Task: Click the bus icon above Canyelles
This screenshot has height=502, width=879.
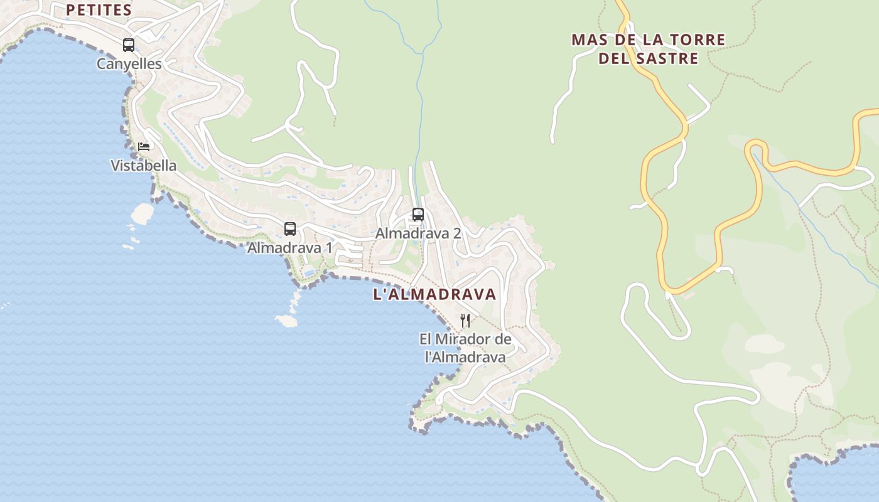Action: pyautogui.click(x=129, y=45)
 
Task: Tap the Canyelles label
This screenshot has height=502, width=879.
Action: pyautogui.click(x=129, y=64)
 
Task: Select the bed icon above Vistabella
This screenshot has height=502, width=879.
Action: pyautogui.click(x=144, y=147)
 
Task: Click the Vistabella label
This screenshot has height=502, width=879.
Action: pyautogui.click(x=143, y=166)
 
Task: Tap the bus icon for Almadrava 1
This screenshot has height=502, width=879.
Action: pyautogui.click(x=289, y=229)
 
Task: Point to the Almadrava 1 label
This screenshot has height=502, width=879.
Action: pyautogui.click(x=289, y=248)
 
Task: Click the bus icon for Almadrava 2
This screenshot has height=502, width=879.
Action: pyautogui.click(x=418, y=215)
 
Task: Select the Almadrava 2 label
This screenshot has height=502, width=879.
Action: pyautogui.click(x=418, y=233)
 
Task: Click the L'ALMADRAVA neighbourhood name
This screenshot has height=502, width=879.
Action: pyautogui.click(x=434, y=294)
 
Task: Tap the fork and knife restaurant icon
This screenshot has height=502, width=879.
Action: pyautogui.click(x=465, y=321)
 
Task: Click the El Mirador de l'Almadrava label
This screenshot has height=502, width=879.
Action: pyautogui.click(x=465, y=348)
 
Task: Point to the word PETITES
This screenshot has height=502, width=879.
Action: pyautogui.click(x=99, y=10)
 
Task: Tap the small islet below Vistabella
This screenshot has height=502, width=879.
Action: pyautogui.click(x=143, y=213)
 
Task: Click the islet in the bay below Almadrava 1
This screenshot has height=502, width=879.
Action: pyautogui.click(x=286, y=321)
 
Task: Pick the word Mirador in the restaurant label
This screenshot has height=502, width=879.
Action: pyautogui.click(x=464, y=339)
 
